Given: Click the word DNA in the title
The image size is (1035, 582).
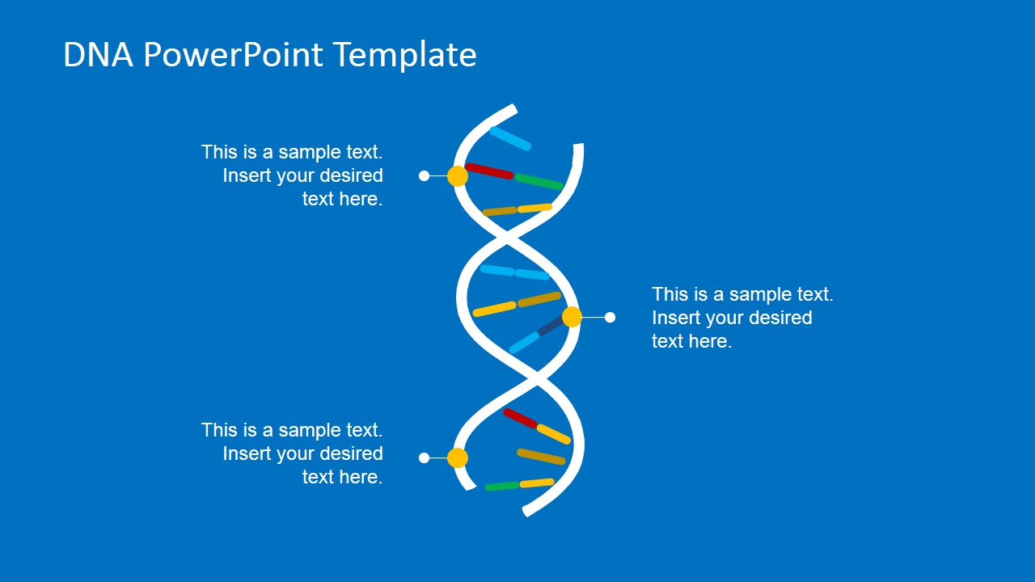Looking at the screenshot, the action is (98, 54).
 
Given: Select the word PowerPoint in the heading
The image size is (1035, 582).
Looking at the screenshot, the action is (233, 54).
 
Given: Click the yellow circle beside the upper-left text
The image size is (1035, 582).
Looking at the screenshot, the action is (458, 176).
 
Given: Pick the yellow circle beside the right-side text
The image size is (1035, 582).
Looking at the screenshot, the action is (572, 317).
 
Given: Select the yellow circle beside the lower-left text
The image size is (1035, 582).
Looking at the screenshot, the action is (458, 458).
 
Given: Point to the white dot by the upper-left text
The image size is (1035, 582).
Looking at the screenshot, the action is (424, 176).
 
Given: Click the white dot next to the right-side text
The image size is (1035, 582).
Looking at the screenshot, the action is (610, 318).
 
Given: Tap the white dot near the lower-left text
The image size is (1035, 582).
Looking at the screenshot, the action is (424, 458).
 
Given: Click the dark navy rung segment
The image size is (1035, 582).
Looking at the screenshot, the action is (551, 326).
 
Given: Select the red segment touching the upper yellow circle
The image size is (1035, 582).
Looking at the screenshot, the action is (489, 171).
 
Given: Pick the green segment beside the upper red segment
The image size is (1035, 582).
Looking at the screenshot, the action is (539, 182).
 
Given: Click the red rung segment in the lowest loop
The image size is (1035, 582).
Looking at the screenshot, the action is (520, 418).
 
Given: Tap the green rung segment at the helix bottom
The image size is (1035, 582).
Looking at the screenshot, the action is (502, 487).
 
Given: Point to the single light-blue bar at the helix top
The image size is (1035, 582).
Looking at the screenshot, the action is (510, 138).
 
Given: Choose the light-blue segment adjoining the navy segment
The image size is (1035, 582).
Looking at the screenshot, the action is (524, 343).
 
